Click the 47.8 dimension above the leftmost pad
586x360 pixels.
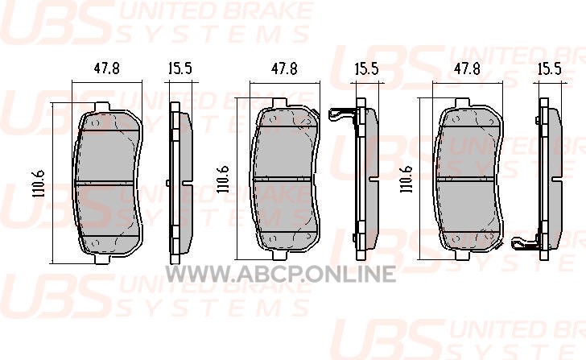pos(106,68)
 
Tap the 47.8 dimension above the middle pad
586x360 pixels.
pos(284,68)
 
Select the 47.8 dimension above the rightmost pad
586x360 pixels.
pos(467,68)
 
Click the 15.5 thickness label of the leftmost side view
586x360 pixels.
pos(180,68)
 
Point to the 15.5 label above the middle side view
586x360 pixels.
pos(366,68)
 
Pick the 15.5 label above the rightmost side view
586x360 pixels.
pos(550,68)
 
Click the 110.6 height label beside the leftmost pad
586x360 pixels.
pos(39,184)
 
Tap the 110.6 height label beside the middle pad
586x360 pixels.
pos(224,179)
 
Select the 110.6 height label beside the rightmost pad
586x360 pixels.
pos(406,179)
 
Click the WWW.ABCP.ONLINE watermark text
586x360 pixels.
pos(281,274)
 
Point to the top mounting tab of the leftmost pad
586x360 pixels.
pos(102,106)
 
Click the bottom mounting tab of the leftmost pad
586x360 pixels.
pos(102,259)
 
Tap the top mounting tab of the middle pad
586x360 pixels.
pos(279,103)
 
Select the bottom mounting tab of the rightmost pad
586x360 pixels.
pos(462,254)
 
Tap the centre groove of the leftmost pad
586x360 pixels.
pos(105,184)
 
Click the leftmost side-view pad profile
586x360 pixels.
pos(180,183)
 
